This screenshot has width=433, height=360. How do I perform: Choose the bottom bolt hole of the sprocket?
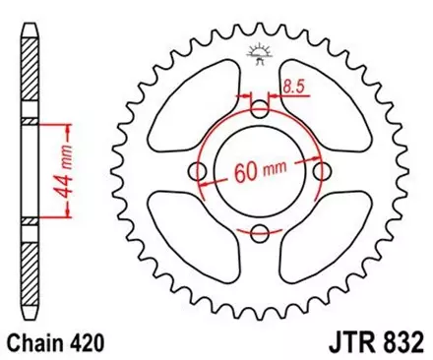[x=260, y=232]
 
